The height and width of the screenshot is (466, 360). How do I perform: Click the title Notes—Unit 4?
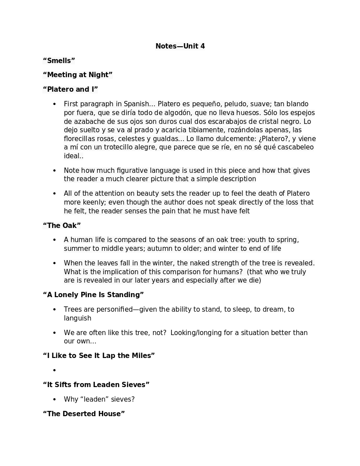click(x=180, y=46)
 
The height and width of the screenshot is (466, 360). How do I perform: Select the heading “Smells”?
click(x=59, y=60)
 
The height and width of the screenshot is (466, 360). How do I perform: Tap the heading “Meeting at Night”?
click(x=78, y=75)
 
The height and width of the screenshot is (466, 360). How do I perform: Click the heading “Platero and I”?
click(x=70, y=89)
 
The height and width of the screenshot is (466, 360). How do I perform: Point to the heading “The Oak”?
click(x=62, y=226)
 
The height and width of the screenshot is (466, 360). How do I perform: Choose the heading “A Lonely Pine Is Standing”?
click(x=93, y=295)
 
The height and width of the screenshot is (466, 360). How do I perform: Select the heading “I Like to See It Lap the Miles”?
click(x=99, y=356)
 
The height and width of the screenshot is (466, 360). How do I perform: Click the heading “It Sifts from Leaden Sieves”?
click(x=96, y=385)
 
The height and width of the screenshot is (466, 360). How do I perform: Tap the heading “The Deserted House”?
click(x=84, y=414)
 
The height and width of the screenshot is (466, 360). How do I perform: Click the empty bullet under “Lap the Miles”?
click(x=55, y=370)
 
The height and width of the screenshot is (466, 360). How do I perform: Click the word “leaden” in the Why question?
click(x=94, y=399)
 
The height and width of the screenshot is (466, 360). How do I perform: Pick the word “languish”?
click(x=78, y=318)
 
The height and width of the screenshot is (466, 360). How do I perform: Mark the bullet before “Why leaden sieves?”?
click(x=55, y=399)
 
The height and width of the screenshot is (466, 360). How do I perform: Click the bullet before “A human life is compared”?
click(x=55, y=240)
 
